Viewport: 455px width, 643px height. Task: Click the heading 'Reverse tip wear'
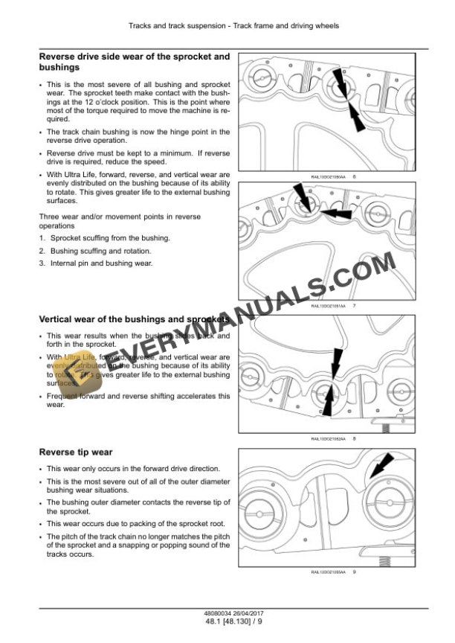click(76, 452)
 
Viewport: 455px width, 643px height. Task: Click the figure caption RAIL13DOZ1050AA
click(326, 176)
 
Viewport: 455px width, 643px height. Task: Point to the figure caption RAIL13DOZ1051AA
click(326, 306)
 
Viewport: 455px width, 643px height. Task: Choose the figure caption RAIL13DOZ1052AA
click(326, 439)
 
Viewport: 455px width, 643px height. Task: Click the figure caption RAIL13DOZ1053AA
click(326, 572)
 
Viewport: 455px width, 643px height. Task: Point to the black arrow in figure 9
click(381, 468)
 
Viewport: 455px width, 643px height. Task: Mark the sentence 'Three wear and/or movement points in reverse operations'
click(119, 221)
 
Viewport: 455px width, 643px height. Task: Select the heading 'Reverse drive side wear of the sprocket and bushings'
click(134, 62)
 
